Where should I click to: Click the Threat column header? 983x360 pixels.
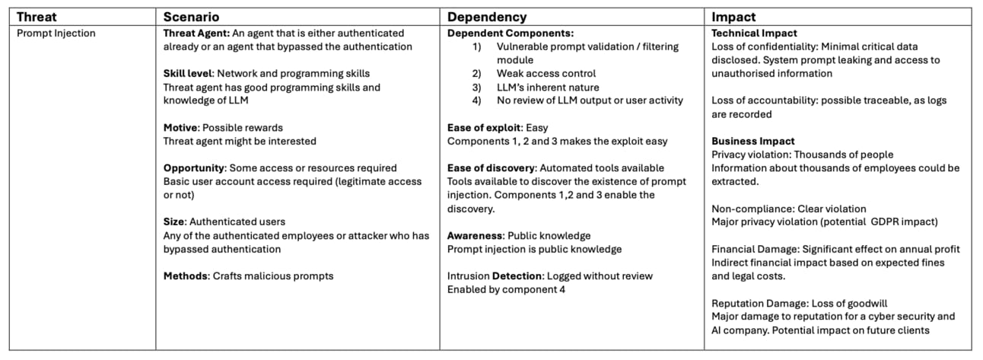(37, 17)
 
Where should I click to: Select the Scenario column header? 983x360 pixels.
(192, 17)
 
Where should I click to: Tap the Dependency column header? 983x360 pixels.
(486, 17)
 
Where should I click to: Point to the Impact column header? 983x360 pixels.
(733, 17)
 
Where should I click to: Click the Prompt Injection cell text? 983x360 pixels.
(56, 33)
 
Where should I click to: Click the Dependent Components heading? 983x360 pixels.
(511, 33)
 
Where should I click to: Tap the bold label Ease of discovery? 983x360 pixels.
(489, 168)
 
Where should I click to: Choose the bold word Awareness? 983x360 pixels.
(475, 236)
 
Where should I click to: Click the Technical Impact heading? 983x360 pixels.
(754, 33)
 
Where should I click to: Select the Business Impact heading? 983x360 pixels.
(752, 142)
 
